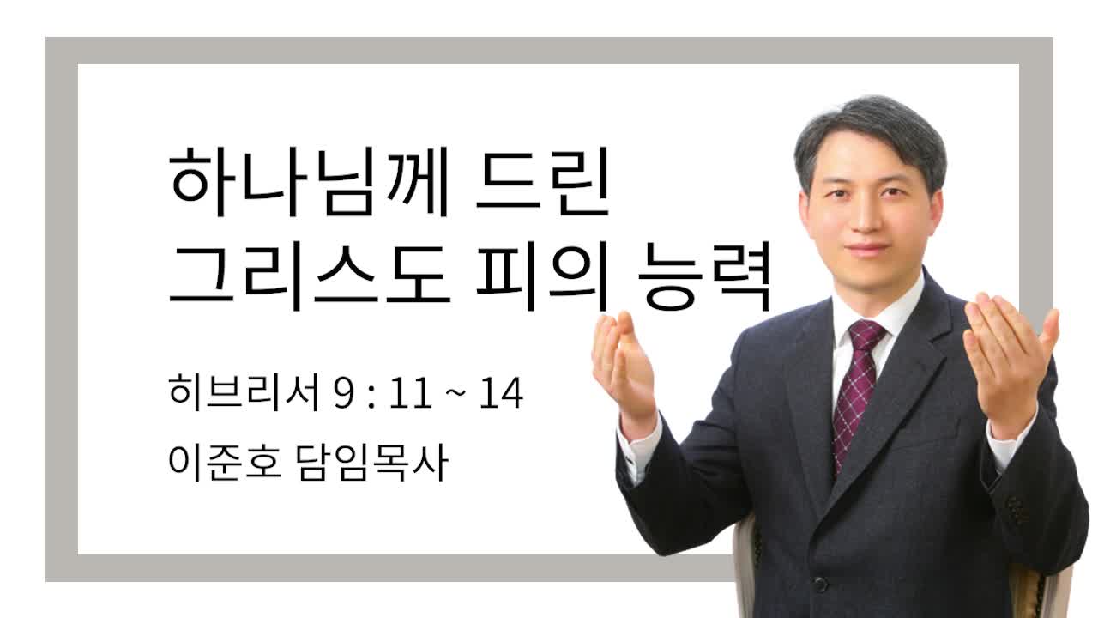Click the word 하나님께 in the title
309,182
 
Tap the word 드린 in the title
543,182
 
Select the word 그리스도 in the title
310,276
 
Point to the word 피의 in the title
542,276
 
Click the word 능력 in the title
704,276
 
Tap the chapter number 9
344,393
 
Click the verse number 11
411,393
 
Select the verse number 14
501,393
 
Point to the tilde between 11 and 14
455,394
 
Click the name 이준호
225,462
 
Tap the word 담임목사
372,462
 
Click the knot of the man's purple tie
866,335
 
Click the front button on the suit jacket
820,585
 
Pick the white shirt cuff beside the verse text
638,449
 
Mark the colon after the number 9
371,396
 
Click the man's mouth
866,249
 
